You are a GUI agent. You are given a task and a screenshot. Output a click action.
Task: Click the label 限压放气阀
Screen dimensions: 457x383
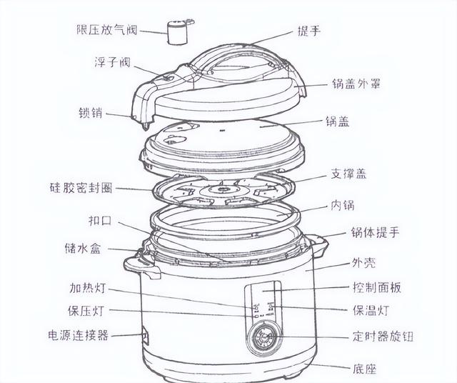point(106,30)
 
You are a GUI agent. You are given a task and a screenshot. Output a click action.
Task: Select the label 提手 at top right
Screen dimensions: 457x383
point(309,31)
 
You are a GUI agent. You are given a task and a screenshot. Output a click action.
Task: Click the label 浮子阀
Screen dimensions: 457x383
point(112,62)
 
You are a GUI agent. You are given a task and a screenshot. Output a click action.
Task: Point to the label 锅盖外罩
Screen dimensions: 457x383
point(356,84)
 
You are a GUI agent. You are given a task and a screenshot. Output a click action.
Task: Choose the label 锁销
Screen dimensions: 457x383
point(91,113)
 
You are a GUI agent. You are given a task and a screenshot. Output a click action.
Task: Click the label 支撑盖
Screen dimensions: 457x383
point(348,174)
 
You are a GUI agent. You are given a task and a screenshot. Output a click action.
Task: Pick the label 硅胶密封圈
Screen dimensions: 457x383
point(81,187)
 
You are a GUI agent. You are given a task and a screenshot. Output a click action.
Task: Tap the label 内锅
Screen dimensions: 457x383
point(343,205)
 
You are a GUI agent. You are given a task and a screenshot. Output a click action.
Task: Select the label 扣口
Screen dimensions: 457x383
point(100,221)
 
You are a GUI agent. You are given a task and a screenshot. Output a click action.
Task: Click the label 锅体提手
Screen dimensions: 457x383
point(375,232)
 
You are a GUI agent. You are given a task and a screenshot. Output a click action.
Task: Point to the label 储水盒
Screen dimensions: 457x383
point(83,249)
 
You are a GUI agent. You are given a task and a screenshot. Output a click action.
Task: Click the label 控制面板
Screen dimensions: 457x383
point(377,288)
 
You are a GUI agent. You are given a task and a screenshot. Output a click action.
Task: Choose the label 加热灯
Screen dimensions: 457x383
point(87,288)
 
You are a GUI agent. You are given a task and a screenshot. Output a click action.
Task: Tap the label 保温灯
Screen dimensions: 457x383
point(371,310)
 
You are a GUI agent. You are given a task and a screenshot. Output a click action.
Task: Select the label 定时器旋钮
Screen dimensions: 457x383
point(383,336)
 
